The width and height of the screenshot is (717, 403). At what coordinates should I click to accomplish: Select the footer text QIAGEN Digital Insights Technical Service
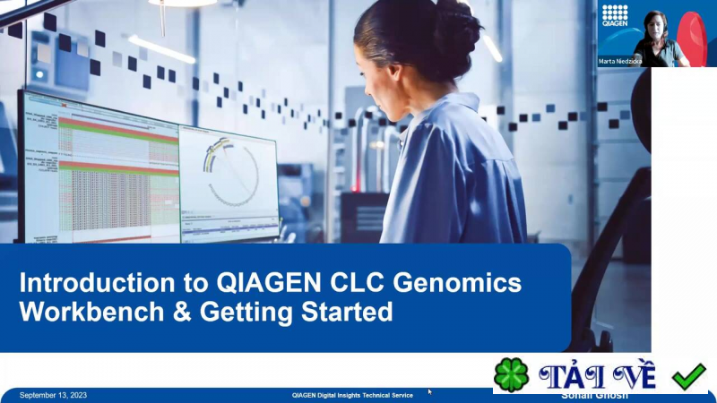pyautogui.click(x=352, y=395)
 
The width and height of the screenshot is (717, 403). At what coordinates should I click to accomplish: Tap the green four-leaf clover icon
pyautogui.click(x=513, y=375)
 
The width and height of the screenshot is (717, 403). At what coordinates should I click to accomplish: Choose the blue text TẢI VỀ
pyautogui.click(x=599, y=375)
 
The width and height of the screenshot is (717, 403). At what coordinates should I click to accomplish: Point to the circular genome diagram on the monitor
pyautogui.click(x=231, y=170)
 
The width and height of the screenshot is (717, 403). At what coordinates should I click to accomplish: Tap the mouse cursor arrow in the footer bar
pyautogui.click(x=429, y=391)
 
